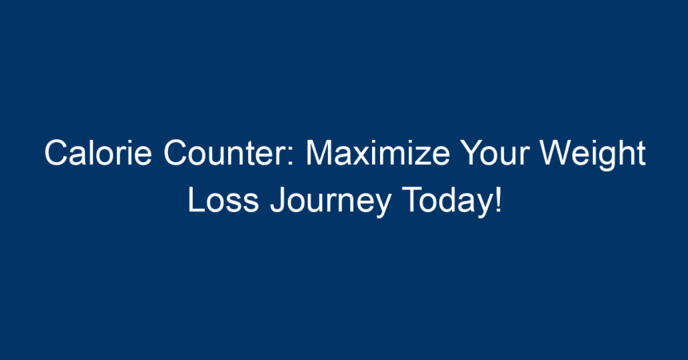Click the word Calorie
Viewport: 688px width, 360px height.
pos(98,153)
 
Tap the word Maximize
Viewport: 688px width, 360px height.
pos(378,153)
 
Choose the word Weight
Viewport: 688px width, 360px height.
pos(592,155)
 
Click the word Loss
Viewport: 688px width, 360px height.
pos(223,200)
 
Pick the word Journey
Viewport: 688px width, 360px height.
pos(330,202)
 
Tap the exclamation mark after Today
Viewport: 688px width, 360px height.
pos(498,200)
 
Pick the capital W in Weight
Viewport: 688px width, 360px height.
pos(557,153)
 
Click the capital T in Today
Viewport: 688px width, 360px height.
pos(413,200)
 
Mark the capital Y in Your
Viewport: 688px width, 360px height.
pos(473,153)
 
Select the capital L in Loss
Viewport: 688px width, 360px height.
pos(197,200)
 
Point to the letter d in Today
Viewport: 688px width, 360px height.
pos(446,200)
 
